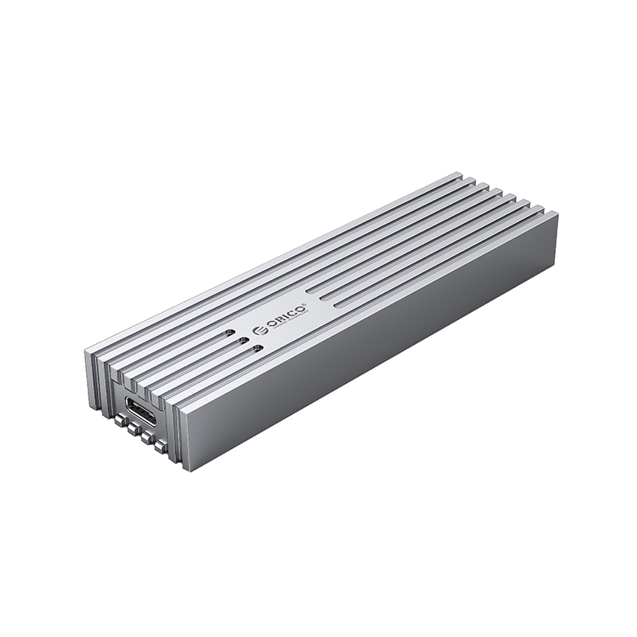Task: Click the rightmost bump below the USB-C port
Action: [x=162, y=447]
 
